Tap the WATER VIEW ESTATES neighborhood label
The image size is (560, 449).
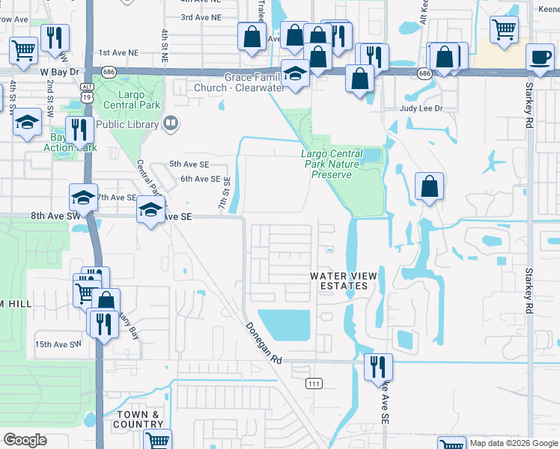coord(344,281)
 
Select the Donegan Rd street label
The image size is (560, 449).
coord(262,343)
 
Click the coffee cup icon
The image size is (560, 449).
coord(539,58)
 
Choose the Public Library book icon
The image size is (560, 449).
coord(171,123)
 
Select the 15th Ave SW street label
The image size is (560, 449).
coord(57,344)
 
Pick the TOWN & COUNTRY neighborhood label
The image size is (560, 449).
coord(138,419)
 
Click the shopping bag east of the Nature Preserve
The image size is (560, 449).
coord(429,187)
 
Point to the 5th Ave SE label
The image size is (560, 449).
coord(189,164)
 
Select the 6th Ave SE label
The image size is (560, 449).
coord(200,180)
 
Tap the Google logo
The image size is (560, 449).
coord(25,440)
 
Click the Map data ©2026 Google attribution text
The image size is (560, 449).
coord(513,443)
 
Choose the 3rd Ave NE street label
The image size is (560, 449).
coord(201,17)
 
